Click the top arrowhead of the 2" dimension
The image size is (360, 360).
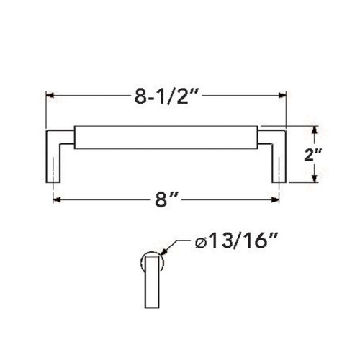(315, 129)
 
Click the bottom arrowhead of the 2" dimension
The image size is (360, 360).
(315, 180)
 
